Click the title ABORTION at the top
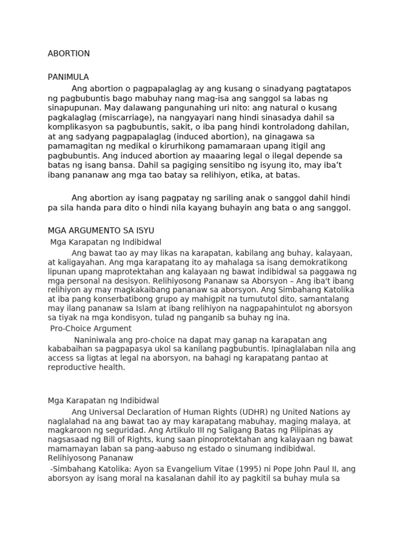(x=69, y=53)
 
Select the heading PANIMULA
(x=68, y=77)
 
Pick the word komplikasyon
(x=74, y=126)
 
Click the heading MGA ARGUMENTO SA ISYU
(x=100, y=230)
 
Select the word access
(x=60, y=358)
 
